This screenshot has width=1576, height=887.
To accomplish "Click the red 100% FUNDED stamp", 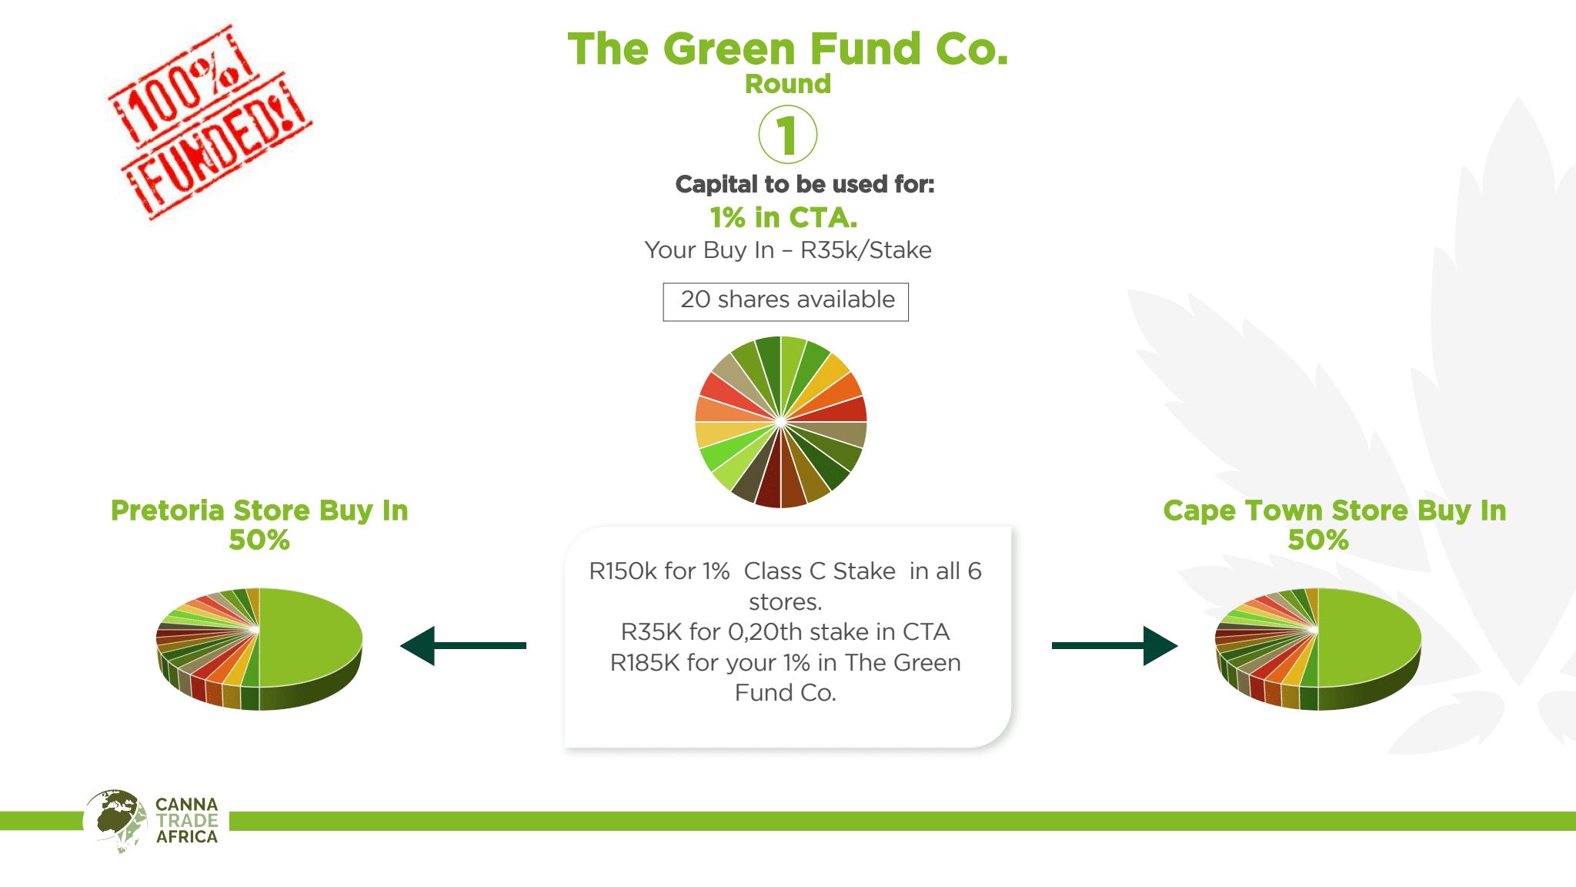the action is tap(209, 122).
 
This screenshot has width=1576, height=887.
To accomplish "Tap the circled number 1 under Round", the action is tap(787, 135).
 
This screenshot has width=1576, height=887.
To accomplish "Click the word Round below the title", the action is tap(788, 83).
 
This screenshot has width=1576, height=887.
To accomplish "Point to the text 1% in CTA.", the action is tap(783, 217).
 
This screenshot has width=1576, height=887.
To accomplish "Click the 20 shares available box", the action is tap(786, 302).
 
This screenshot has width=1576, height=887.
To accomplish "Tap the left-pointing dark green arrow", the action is tap(463, 645).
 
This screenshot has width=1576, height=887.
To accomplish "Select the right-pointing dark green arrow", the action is tap(1114, 645).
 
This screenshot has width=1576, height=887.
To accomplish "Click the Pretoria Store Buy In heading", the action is tap(259, 510).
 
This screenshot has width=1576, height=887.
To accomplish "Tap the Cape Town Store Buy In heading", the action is tap(1334, 510).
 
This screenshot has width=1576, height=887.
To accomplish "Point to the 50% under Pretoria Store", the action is tap(259, 540).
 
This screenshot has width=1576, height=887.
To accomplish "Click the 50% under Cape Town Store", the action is tap(1318, 540).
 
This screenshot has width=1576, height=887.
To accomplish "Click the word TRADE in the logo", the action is tap(187, 820).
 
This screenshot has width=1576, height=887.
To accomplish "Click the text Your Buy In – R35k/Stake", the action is tap(788, 249).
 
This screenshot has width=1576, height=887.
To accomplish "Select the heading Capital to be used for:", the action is tap(805, 184).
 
